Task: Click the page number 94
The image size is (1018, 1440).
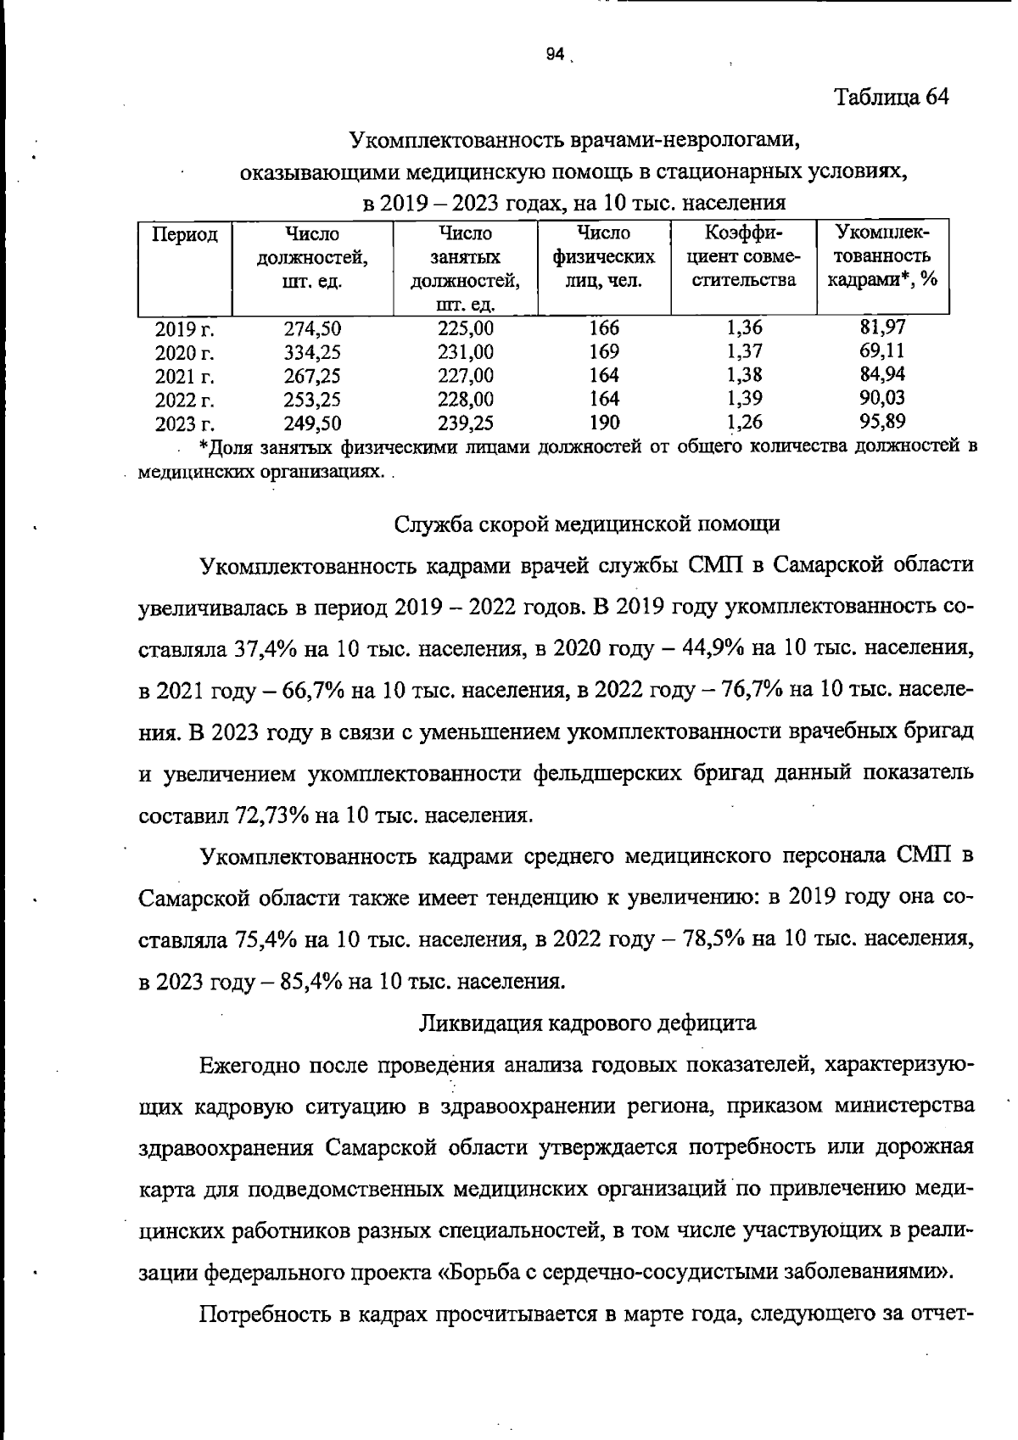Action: click(x=555, y=54)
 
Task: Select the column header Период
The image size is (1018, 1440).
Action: click(x=185, y=234)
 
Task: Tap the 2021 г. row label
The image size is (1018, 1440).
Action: click(x=184, y=376)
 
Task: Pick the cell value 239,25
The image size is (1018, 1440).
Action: click(x=466, y=423)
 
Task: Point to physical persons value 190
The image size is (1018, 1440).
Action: click(x=603, y=422)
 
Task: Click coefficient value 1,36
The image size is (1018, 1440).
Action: click(x=744, y=328)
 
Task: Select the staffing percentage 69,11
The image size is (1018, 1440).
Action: click(x=881, y=350)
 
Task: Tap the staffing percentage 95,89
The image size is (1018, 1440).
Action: click(x=881, y=421)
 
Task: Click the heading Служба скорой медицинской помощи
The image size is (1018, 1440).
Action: click(x=587, y=524)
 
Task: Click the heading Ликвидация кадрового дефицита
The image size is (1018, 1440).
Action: click(x=588, y=1023)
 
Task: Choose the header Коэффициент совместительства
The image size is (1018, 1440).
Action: click(x=744, y=255)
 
